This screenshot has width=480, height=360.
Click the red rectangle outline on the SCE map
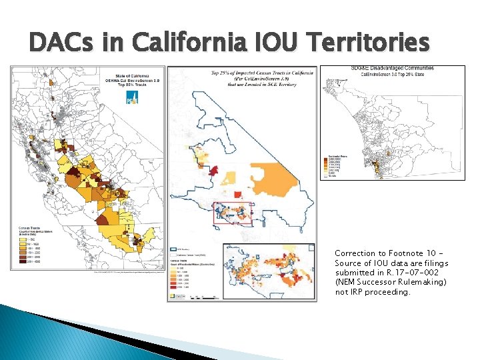click(233, 213)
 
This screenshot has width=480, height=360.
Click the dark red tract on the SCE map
click(213, 171)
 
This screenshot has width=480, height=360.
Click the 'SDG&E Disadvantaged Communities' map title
click(392, 68)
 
